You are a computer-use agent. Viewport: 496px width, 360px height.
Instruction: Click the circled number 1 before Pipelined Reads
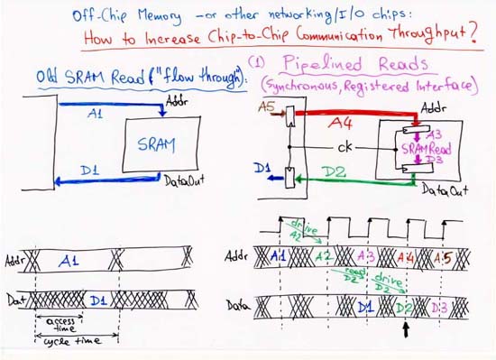click(x=257, y=66)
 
